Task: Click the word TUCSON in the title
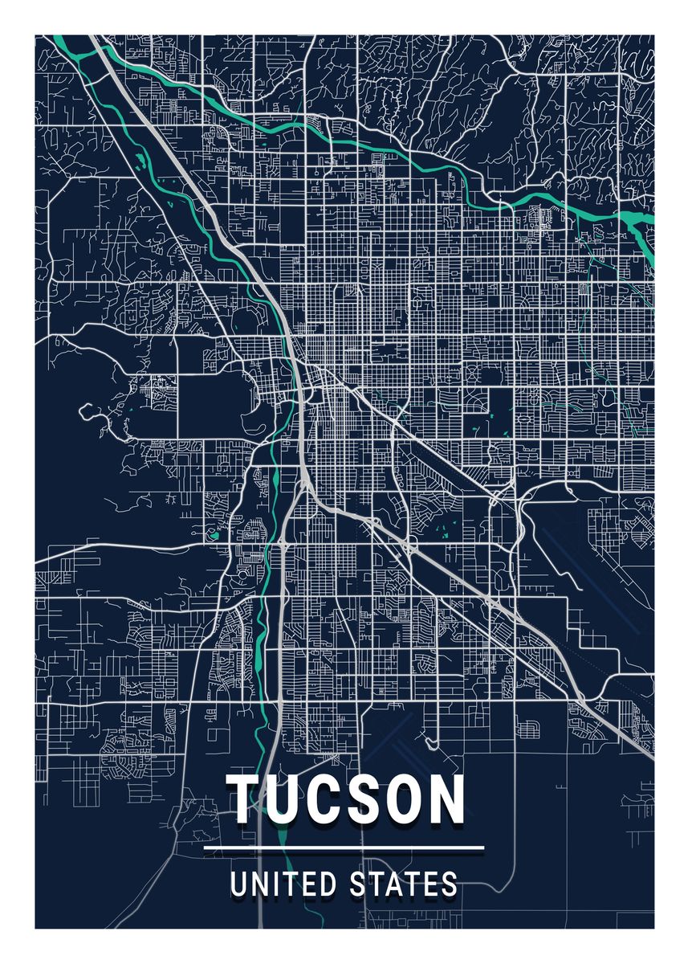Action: click(345, 799)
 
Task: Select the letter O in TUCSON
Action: click(401, 799)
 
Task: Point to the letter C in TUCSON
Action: click(323, 799)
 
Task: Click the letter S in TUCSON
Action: click(361, 799)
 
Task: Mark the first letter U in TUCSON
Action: click(284, 799)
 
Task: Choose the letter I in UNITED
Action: click(282, 884)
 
